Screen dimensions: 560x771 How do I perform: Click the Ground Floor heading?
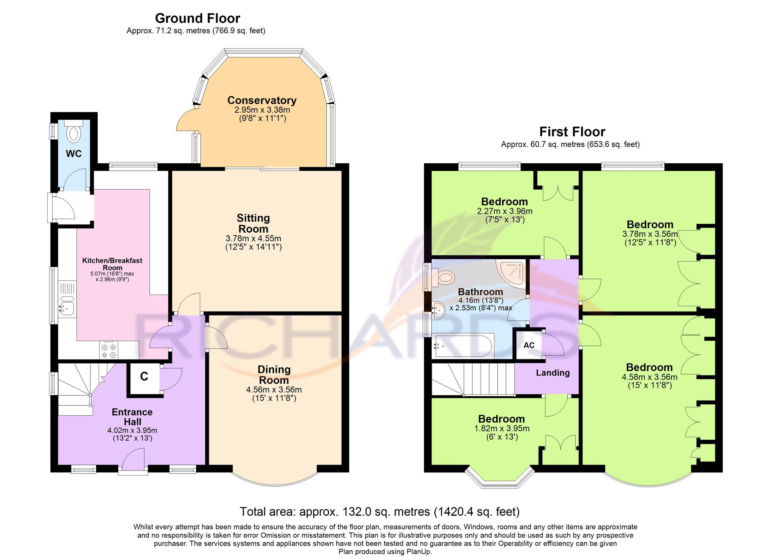(x=198, y=18)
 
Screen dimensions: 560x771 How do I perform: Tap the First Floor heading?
(x=572, y=132)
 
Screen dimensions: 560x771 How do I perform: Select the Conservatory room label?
(x=262, y=100)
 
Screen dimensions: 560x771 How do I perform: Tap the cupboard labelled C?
(x=144, y=377)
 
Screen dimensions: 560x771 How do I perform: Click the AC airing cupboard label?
(x=529, y=345)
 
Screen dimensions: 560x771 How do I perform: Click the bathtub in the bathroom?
(x=462, y=346)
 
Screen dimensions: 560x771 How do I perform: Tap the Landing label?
(x=553, y=373)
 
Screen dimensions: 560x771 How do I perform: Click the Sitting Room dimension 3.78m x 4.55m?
(x=253, y=238)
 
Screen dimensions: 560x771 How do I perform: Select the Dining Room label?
(x=274, y=375)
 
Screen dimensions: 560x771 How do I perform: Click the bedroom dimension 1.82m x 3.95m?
(x=502, y=428)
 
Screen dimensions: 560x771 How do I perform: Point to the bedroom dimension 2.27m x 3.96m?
(x=504, y=211)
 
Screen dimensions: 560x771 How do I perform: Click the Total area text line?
(x=380, y=512)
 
